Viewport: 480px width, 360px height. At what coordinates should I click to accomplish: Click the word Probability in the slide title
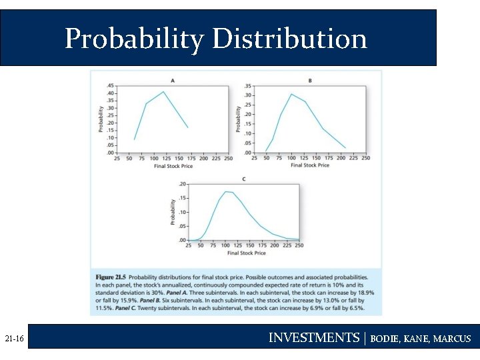134,39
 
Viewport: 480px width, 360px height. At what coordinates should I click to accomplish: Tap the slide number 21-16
14,339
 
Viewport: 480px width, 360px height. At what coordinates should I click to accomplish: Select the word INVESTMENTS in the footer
313,338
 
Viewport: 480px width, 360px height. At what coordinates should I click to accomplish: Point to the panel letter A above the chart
173,81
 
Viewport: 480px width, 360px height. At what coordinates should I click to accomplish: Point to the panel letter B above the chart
310,81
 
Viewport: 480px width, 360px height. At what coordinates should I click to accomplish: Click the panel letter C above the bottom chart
243,179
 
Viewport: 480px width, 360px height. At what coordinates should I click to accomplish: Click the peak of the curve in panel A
163,92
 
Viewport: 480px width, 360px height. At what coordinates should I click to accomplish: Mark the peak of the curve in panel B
291,94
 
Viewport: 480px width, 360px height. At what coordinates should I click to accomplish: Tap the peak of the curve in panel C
227,191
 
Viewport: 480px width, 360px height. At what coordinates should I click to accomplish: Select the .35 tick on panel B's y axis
248,86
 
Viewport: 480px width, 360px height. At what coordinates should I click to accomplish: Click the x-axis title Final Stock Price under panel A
173,166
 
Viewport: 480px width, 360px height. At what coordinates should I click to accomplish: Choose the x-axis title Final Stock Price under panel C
246,253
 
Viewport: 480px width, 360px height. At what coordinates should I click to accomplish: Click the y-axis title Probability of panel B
239,119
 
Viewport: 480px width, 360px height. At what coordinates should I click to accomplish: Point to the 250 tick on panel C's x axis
299,245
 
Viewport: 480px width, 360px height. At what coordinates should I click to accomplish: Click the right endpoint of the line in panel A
188,127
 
